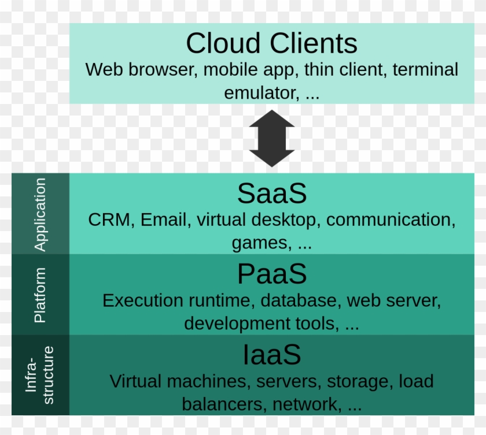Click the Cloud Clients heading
pos(271,43)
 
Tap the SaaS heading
pos(271,194)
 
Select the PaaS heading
pos(271,274)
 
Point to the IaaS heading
pos(271,355)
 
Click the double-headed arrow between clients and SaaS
pos(271,139)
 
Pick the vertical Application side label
pos(40,214)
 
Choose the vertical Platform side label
pos(40,295)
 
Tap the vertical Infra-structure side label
pos(41,375)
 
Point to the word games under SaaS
pos(260,243)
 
